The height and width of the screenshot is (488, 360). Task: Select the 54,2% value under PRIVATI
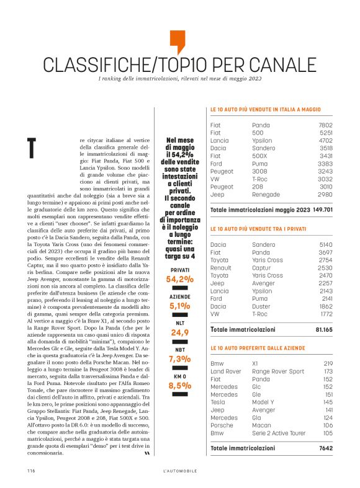pos(179,279)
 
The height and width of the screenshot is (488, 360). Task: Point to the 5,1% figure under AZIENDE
pos(179,306)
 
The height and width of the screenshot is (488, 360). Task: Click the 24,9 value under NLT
pos(179,332)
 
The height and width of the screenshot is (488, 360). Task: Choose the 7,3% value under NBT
pos(179,358)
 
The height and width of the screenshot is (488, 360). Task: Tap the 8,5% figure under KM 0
pos(179,385)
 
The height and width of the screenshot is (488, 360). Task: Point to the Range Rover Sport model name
pos(278,371)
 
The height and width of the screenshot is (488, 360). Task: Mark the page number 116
pos(30,471)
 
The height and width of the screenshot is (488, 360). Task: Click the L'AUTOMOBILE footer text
pos(179,471)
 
